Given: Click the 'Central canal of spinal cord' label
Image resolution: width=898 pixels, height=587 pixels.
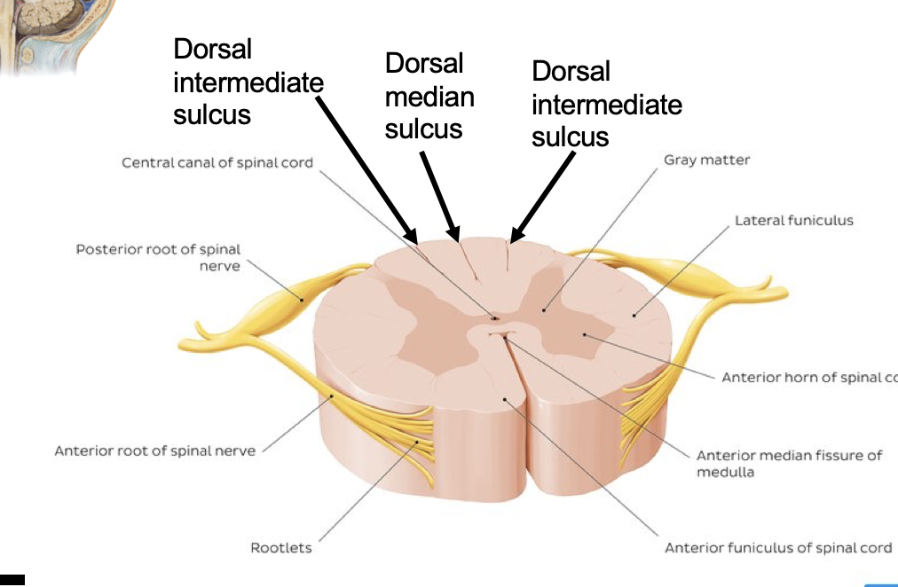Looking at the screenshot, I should tap(217, 162).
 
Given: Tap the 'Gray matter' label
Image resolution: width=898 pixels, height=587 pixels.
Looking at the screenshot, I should tap(706, 160).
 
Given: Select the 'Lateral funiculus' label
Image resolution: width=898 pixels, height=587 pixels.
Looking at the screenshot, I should tap(793, 220).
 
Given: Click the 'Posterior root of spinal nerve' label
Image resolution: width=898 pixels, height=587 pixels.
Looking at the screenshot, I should tap(158, 257).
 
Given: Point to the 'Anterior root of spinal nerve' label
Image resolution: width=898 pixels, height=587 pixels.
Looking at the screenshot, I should tap(154, 450).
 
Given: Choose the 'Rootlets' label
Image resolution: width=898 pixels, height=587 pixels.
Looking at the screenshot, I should tap(281, 548).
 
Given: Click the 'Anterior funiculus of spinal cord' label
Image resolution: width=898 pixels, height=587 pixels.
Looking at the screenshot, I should tap(778, 548).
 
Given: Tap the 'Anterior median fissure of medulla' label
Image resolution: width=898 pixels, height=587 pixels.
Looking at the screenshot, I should tap(789, 463).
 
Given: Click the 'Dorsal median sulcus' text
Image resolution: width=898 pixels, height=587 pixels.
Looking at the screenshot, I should tap(429, 96).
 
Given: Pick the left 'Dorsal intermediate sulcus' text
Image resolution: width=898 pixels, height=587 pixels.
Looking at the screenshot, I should tap(248, 82).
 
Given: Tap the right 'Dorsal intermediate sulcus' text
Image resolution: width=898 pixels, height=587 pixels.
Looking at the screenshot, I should tap(606, 104).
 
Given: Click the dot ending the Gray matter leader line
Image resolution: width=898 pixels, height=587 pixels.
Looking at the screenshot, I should tap(544, 310).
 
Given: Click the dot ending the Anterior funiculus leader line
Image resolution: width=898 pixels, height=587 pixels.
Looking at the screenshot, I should tap(505, 399).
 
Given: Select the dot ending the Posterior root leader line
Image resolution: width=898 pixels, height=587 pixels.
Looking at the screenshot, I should tap(303, 300).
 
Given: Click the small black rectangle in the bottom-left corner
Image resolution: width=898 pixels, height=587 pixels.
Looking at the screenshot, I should tap(12, 580).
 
